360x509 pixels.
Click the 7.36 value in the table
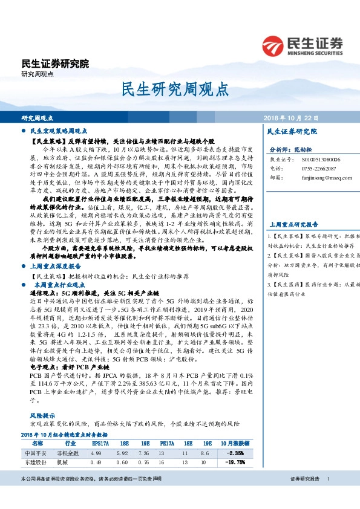click(x=144, y=452)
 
